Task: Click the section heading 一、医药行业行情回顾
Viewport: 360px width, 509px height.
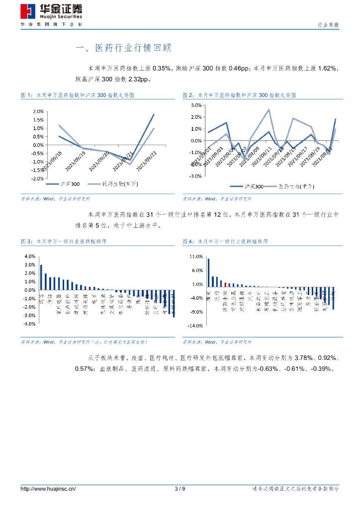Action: tap(123, 48)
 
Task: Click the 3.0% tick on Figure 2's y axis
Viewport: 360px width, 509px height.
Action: tap(195, 105)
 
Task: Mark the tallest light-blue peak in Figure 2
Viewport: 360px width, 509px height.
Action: tap(269, 110)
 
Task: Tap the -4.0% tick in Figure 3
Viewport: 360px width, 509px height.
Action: tap(29, 324)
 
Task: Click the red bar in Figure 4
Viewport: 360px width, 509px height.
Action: tap(225, 284)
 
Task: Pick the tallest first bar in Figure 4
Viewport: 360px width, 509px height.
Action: tap(208, 273)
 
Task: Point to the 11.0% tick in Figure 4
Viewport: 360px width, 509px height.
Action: tap(196, 256)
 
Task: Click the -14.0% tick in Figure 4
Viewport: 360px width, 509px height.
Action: tap(195, 326)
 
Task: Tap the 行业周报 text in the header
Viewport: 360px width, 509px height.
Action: tap(328, 25)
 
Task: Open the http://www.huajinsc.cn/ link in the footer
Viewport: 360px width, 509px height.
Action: tap(48, 489)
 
